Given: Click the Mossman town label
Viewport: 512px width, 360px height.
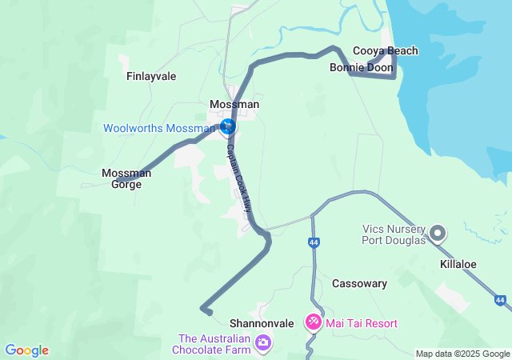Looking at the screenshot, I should pyautogui.click(x=234, y=105).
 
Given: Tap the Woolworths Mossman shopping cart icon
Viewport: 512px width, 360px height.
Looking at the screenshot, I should pyautogui.click(x=228, y=126).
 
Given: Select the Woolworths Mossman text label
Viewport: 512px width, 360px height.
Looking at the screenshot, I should pyautogui.click(x=159, y=128).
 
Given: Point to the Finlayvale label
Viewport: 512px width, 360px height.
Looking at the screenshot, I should pyautogui.click(x=151, y=77).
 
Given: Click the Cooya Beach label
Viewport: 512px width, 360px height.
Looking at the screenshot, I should pyautogui.click(x=386, y=51).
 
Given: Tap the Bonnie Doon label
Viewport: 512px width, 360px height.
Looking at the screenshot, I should pyautogui.click(x=361, y=68).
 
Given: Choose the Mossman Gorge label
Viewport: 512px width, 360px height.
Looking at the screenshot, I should pyautogui.click(x=122, y=178).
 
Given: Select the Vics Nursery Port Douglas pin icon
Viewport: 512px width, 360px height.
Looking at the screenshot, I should pyautogui.click(x=438, y=234).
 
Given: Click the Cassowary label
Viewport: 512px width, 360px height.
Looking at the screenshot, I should pyautogui.click(x=360, y=284).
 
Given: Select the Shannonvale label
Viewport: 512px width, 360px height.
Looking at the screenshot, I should pyautogui.click(x=262, y=323).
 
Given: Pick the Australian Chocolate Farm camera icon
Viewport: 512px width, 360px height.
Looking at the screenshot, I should pyautogui.click(x=263, y=344).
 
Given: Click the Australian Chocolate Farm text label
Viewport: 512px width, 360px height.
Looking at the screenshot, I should pyautogui.click(x=210, y=344).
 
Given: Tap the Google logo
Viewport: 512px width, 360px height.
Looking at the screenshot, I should pyautogui.click(x=26, y=350).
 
